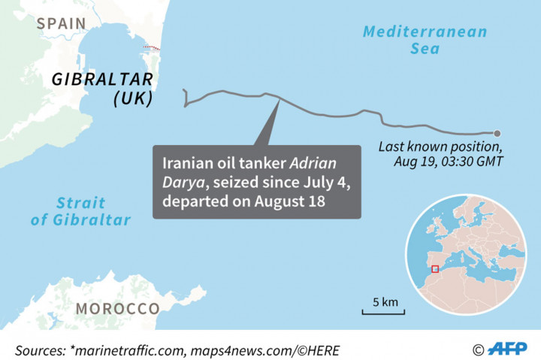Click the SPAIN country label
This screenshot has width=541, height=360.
click(x=62, y=23)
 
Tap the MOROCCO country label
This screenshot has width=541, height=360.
click(x=117, y=309)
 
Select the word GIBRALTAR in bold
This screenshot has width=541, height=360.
click(x=103, y=80)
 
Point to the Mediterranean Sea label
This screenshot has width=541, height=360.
click(x=425, y=40)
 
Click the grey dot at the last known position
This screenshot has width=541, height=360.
click(x=497, y=133)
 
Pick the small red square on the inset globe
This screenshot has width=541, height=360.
click(x=435, y=269)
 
